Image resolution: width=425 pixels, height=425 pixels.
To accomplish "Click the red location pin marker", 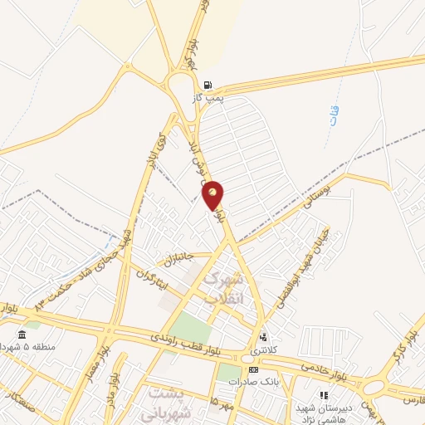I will coord(213,195).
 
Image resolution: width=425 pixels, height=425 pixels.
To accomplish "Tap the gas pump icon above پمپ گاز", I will coord(207,85).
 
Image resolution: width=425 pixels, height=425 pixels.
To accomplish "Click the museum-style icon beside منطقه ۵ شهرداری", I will coord(22,335).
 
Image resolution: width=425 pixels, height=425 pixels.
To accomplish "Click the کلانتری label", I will coord(265,351).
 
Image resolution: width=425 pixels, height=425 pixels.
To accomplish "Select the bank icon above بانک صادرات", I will coord(253,369).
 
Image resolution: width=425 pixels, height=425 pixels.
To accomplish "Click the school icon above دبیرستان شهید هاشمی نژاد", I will coord(324,395).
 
